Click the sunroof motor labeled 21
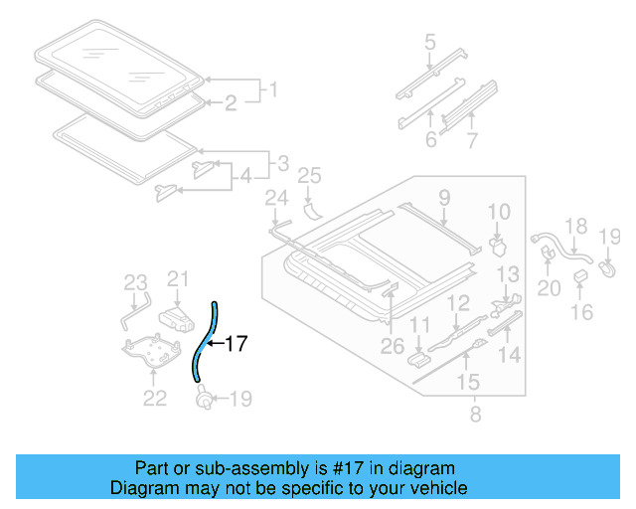tap(177, 316)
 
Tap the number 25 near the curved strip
tap(310, 177)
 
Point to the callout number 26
tap(393, 346)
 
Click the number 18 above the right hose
tap(576, 227)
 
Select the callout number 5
tap(429, 43)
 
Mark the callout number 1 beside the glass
tap(266, 91)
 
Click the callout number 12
tap(457, 304)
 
